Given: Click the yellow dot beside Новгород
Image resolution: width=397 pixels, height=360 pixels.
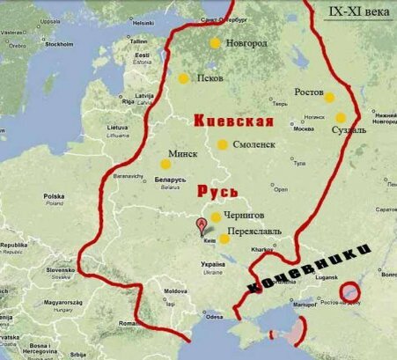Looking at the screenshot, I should coord(215,42).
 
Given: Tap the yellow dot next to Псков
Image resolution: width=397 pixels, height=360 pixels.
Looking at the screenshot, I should coord(183,78).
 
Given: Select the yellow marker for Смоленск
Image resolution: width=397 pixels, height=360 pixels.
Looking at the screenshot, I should coord(223,143).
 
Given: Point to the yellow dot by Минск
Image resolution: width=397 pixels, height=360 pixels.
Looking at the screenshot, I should coord(165,164).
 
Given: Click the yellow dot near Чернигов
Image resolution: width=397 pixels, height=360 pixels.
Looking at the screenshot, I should coord(216,217).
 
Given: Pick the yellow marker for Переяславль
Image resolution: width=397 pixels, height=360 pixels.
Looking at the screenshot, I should coord(224,239).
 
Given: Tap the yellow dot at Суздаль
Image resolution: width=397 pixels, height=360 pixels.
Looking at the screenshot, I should coord(341,118).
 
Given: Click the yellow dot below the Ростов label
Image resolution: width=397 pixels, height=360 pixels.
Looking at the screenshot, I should coord(329,97).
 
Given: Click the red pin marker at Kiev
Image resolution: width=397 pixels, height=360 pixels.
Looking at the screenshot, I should coord(202,225).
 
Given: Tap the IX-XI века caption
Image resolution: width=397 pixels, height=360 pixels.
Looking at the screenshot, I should coord(360,11).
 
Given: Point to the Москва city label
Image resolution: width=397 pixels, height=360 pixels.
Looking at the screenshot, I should coord(305,129).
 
